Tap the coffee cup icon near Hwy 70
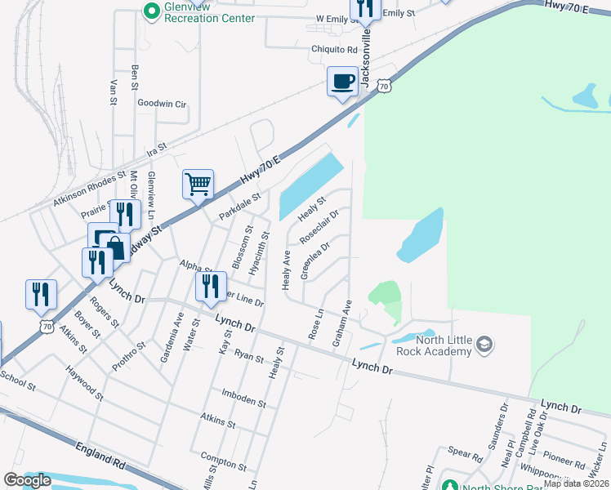point(342,82)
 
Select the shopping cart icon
point(198,185)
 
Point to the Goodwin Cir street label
point(162,104)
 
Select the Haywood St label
point(86,387)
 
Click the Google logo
point(27,480)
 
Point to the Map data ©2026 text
point(575,483)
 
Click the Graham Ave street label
point(341,323)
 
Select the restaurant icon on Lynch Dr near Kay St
point(211,287)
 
